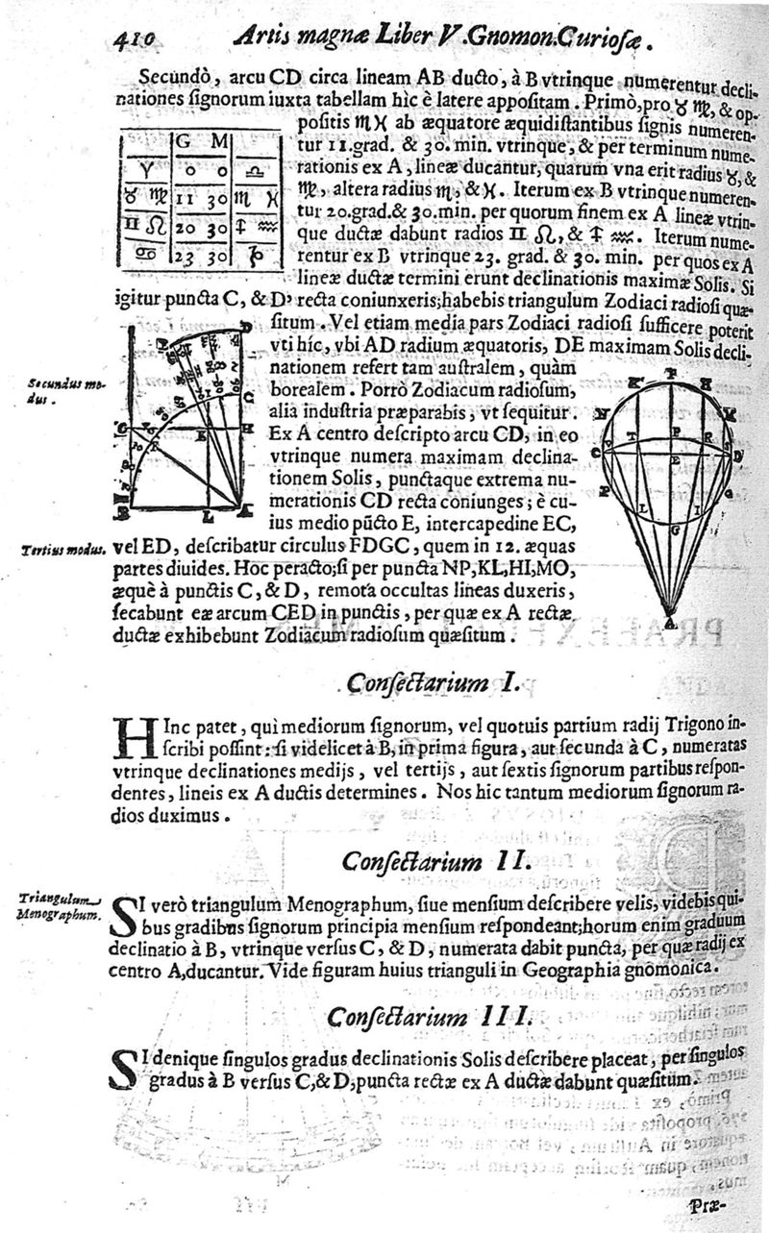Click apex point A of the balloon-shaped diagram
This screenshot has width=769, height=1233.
tap(670, 622)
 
